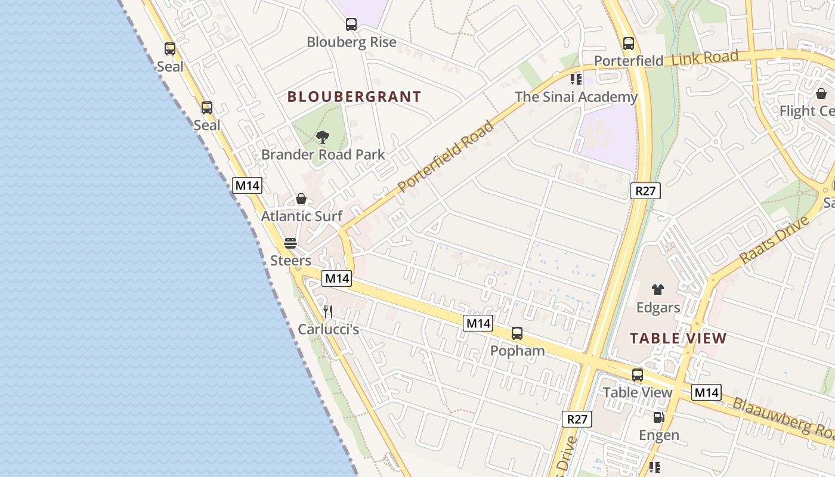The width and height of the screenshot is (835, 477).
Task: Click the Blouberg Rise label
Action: [x=351, y=42]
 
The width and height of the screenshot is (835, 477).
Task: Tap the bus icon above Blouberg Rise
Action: [x=351, y=24]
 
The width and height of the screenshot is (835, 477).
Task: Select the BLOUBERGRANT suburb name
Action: [x=354, y=97]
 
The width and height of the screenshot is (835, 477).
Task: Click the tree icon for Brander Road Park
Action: [x=323, y=138]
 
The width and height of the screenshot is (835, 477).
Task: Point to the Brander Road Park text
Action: [x=323, y=155]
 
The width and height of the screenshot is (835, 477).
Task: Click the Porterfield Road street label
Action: [x=446, y=157]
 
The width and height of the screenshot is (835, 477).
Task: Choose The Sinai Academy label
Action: [x=576, y=97]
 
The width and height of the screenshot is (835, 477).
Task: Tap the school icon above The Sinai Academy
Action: [x=576, y=79]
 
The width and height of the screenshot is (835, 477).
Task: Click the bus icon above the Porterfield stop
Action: [x=628, y=44]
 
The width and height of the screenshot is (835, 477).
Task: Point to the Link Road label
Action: [x=705, y=58]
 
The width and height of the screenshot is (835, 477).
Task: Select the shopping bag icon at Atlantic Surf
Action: [x=301, y=199]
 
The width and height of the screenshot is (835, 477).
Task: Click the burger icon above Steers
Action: [x=290, y=243]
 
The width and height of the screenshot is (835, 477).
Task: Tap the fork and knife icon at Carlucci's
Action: [x=327, y=311]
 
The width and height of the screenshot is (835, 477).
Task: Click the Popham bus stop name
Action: [x=517, y=351]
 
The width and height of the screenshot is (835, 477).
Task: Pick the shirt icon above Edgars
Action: [x=658, y=290]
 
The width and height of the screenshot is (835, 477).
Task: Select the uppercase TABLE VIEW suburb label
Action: [x=678, y=339]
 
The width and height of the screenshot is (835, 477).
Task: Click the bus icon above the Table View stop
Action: [x=638, y=375]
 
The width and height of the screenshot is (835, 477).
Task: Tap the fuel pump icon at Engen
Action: [x=658, y=417]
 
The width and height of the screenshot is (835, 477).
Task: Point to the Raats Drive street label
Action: [x=774, y=240]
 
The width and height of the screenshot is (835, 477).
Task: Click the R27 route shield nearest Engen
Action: [x=577, y=419]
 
